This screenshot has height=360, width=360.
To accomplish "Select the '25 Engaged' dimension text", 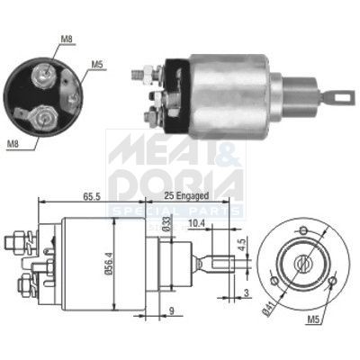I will pyautogui.click(x=189, y=193).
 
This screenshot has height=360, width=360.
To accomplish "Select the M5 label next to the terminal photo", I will pyautogui.click(x=96, y=64).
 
